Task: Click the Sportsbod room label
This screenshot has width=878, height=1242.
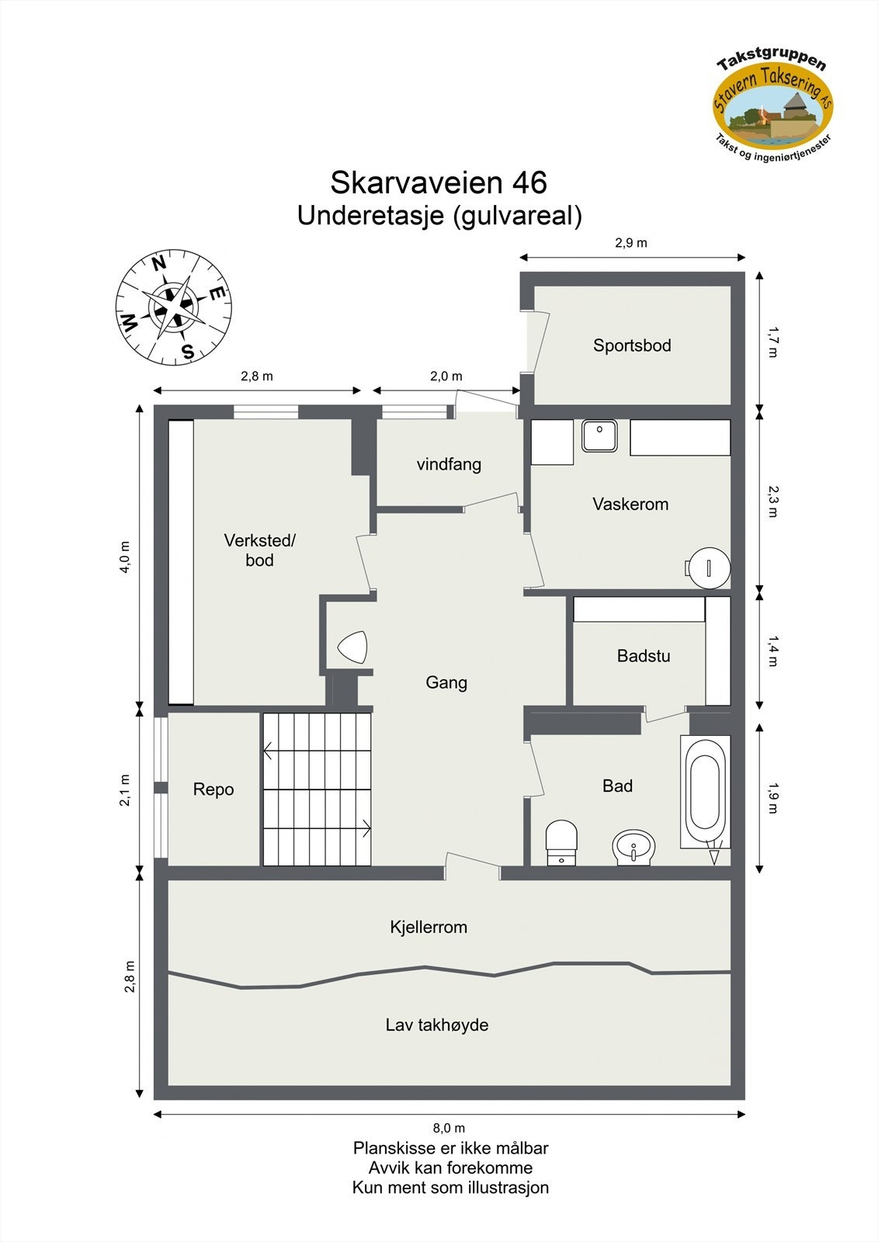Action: [x=632, y=345]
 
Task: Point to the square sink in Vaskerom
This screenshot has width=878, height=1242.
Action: [x=599, y=435]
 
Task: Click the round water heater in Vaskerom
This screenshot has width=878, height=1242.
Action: [x=708, y=567]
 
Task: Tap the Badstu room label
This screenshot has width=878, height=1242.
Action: [x=644, y=656]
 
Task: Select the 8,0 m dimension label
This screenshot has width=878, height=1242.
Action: [x=449, y=1128]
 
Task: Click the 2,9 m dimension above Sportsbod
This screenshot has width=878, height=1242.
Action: [x=631, y=243]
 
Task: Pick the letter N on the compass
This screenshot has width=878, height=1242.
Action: [x=159, y=264]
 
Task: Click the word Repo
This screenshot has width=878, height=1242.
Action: [x=213, y=789]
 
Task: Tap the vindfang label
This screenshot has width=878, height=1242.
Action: [x=449, y=464]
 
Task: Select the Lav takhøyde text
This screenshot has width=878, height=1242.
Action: [x=437, y=1025]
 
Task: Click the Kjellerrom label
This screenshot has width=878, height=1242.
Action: [x=429, y=927]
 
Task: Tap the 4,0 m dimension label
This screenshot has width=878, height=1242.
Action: [x=125, y=557]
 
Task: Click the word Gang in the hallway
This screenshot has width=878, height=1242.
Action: [x=446, y=682]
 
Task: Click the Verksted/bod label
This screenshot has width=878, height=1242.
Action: [x=259, y=550]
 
